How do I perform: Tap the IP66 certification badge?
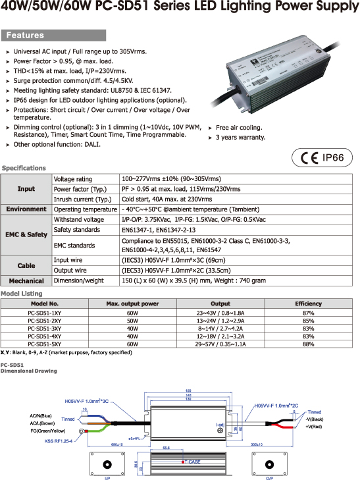[x=337, y=158]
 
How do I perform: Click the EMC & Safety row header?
[x=26, y=234]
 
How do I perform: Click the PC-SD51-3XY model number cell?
[x=45, y=327]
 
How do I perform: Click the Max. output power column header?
[x=132, y=304]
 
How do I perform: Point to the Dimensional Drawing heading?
[x=28, y=371]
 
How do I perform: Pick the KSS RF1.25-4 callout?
[x=58, y=440]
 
